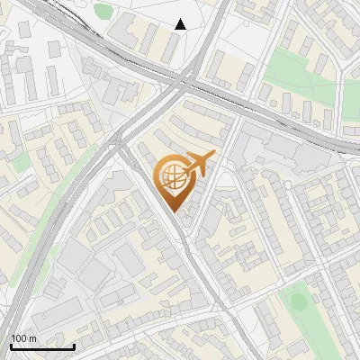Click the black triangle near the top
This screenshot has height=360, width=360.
tap(181, 24)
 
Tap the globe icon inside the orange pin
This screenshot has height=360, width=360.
tap(172, 178)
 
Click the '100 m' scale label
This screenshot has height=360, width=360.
tap(24, 338)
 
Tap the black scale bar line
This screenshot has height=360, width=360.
tap(42, 346)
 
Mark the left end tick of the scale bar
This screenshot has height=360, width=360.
tap(11, 345)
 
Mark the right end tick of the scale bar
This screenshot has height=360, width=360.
tap(74, 345)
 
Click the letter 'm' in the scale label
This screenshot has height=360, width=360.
tap(33, 338)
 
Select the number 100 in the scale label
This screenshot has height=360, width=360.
tap(20, 338)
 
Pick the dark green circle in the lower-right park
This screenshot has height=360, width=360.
tap(297, 302)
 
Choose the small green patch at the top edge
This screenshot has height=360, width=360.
tap(103, 12)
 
